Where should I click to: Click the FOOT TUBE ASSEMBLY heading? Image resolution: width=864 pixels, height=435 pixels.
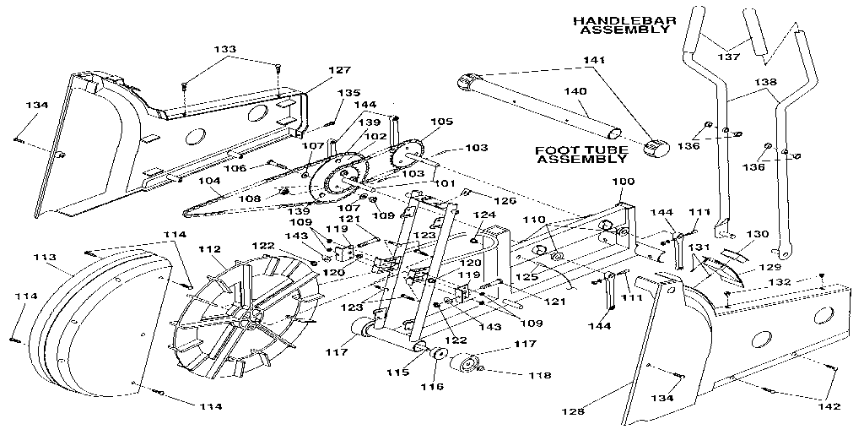pos(582,155)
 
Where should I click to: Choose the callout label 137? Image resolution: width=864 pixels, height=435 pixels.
pos(727,57)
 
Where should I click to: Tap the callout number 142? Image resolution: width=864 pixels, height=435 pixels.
pos(829,406)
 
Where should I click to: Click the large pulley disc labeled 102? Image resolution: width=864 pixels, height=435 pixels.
pos(336,180)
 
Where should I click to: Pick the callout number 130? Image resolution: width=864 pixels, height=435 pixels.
pos(759,234)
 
